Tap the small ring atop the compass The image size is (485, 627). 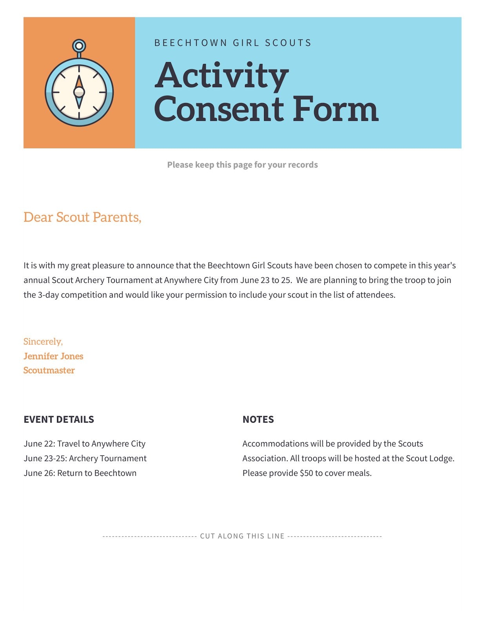(79, 46)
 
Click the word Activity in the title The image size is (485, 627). (222, 76)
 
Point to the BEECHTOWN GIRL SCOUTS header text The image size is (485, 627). (233, 43)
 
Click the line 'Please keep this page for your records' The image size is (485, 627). (242, 165)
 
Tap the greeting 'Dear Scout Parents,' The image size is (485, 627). (82, 217)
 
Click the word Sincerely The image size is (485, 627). (43, 341)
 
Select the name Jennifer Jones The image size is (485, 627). (53, 356)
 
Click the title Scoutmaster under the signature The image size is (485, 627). (49, 370)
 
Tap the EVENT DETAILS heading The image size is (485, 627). (59, 419)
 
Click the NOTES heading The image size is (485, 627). (258, 419)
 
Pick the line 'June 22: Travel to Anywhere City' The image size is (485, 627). (84, 444)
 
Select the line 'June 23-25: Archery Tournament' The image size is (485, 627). (85, 458)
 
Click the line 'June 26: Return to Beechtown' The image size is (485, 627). (80, 473)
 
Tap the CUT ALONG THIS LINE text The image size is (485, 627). (242, 536)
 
